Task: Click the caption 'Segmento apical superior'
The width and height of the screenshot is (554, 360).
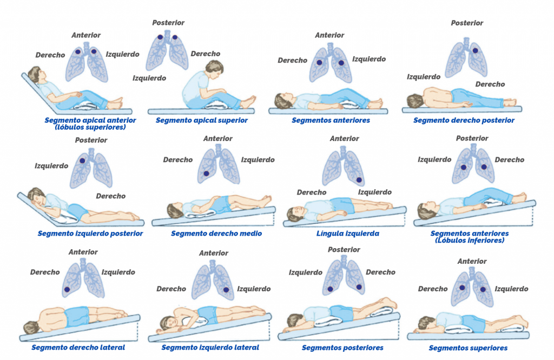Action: click(201, 121)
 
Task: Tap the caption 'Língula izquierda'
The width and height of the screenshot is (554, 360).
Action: click(348, 234)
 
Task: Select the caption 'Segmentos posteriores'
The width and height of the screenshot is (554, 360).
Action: click(342, 348)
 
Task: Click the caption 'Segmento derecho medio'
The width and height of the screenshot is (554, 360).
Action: click(216, 234)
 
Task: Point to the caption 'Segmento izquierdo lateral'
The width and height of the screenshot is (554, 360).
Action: click(210, 348)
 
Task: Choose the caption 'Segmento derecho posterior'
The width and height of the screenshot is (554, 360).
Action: click(464, 121)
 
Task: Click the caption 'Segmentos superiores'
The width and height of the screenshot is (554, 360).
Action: click(468, 348)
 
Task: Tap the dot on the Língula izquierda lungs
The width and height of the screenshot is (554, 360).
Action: click(359, 180)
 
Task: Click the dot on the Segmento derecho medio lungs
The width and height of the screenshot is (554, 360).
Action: click(206, 174)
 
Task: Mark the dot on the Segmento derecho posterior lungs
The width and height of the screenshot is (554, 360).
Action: click(475, 50)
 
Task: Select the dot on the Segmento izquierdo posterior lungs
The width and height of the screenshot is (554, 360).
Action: click(82, 161)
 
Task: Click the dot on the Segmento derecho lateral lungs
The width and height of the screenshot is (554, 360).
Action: click(67, 289)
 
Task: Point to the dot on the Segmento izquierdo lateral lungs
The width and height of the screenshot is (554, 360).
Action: click(226, 290)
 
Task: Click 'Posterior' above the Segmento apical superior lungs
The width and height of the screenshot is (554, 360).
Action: click(168, 23)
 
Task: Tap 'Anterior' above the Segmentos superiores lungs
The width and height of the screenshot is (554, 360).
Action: click(472, 261)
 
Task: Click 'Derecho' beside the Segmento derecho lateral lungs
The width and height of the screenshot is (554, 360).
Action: click(45, 272)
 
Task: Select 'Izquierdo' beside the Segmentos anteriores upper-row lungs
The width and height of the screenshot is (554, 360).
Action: click(369, 59)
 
